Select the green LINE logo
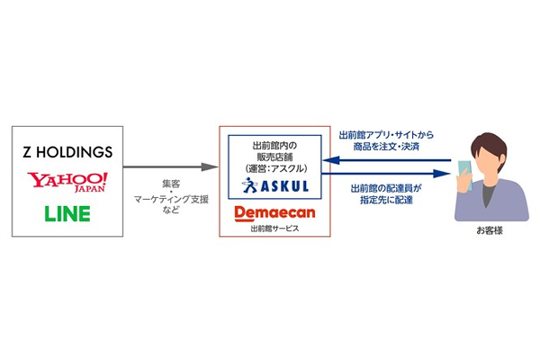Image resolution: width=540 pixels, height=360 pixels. pyautogui.click(x=67, y=215)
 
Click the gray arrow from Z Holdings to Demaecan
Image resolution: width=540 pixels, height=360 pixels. pyautogui.click(x=171, y=166)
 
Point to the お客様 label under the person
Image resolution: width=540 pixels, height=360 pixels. pyautogui.click(x=486, y=231)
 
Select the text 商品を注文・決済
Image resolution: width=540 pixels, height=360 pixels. pyautogui.click(x=387, y=146)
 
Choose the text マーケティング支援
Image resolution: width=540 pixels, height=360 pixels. pyautogui.click(x=169, y=197)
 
